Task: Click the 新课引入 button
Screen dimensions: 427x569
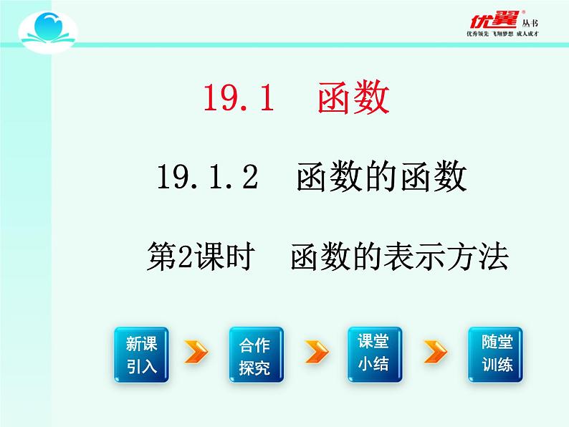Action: tap(140, 355)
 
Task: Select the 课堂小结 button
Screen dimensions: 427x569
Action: tap(375, 354)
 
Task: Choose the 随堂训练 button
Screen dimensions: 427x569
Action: tap(495, 354)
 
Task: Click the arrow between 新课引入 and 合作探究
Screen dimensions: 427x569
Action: tap(196, 352)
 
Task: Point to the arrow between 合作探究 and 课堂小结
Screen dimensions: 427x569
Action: tap(317, 352)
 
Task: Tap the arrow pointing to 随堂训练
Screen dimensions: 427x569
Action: tap(435, 352)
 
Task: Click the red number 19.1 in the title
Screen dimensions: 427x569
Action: tap(239, 99)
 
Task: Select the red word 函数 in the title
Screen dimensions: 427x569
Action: tap(353, 98)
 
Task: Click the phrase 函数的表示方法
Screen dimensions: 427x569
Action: tap(398, 256)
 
